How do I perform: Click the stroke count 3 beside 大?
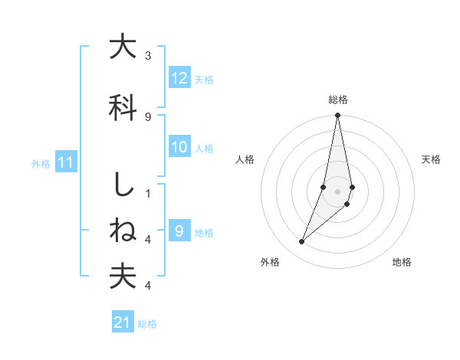click(x=148, y=56)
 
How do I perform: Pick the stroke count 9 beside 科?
click(x=148, y=116)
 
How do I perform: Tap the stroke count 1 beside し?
click(x=148, y=193)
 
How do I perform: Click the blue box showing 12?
click(x=179, y=78)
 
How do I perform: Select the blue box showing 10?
click(x=179, y=147)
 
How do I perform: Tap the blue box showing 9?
click(x=179, y=231)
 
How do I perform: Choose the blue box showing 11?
click(x=65, y=162)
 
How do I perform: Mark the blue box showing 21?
click(x=122, y=323)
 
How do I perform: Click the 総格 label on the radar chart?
click(x=338, y=100)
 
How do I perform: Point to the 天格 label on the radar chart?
click(x=432, y=159)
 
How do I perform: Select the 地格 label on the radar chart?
click(x=402, y=262)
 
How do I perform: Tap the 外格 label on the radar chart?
click(x=270, y=262)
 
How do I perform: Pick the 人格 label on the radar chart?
click(x=245, y=159)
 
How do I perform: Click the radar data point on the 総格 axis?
click(x=338, y=116)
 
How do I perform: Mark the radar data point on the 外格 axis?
click(x=302, y=242)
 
